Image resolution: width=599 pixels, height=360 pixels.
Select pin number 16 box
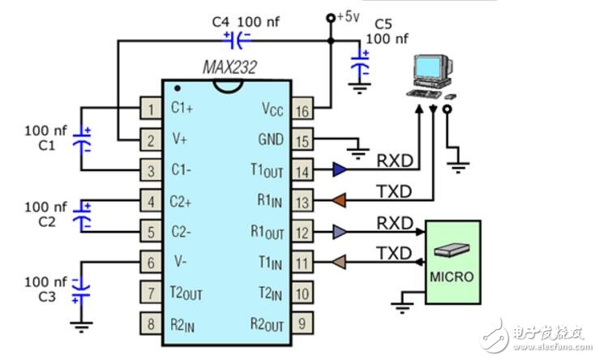click(302, 108)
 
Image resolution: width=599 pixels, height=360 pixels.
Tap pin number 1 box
click(151, 108)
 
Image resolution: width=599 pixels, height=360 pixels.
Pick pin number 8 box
click(151, 324)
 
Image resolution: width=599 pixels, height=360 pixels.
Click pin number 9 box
click(302, 324)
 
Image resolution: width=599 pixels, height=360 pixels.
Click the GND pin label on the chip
click(270, 139)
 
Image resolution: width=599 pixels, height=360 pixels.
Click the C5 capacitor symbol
click(359, 66)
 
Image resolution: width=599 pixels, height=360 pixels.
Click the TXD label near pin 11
click(395, 254)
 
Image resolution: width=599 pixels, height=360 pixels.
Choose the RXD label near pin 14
click(395, 161)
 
